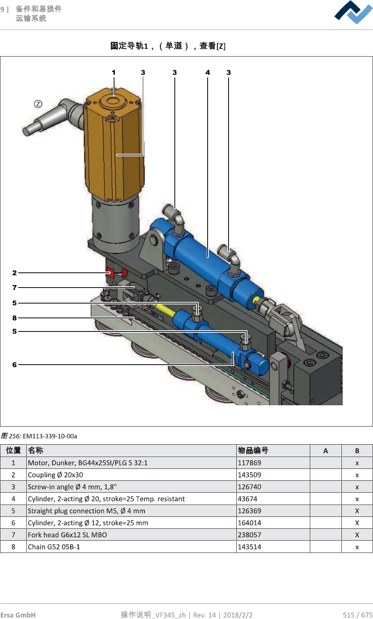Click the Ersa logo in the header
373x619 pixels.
pyautogui.click(x=353, y=12)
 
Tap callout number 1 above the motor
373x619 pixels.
pyautogui.click(x=114, y=73)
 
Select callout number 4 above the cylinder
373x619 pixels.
pyautogui.click(x=208, y=73)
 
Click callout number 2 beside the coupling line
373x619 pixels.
pyautogui.click(x=14, y=273)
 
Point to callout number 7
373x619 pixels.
pyautogui.click(x=14, y=288)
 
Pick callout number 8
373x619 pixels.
pyautogui.click(x=14, y=318)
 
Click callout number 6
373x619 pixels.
pyautogui.click(x=14, y=365)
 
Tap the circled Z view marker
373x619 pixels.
pyautogui.click(x=38, y=104)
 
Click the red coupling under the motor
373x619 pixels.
pyautogui.click(x=117, y=273)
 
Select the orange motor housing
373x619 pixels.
pyautogui.click(x=114, y=145)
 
